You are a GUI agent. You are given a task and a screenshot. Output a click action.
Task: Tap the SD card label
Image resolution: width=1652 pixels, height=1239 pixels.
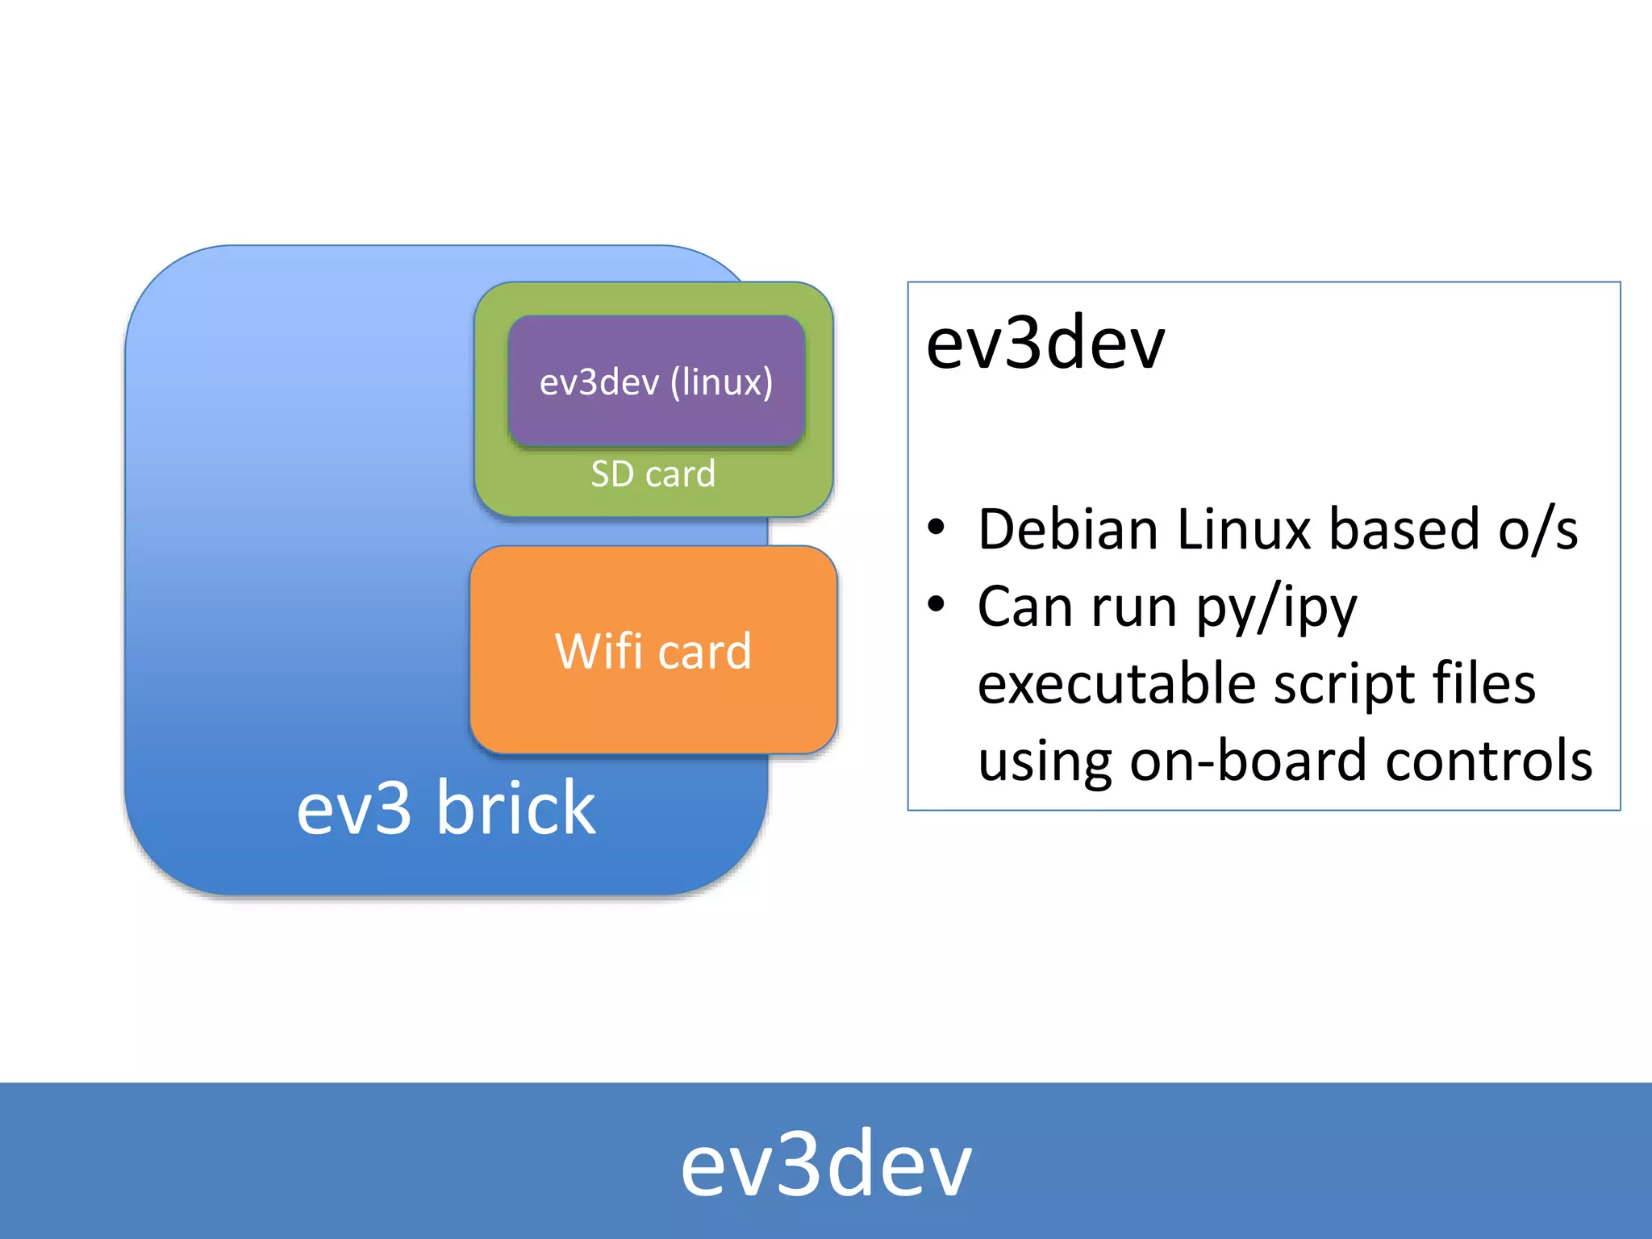[653, 474]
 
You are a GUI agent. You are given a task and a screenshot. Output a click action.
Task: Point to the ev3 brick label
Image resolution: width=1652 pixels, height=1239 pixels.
[446, 807]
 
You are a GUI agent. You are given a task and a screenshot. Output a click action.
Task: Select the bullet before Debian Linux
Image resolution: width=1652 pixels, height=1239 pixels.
[936, 528]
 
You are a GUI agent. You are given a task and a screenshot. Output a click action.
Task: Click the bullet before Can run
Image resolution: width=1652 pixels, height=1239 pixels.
[936, 604]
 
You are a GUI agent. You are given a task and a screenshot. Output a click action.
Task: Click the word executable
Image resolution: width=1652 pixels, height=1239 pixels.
[1116, 684]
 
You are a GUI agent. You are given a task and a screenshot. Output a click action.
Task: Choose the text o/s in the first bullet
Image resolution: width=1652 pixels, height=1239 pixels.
[1537, 530]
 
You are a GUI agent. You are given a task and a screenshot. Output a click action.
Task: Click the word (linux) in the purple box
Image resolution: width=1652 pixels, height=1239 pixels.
[721, 382]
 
